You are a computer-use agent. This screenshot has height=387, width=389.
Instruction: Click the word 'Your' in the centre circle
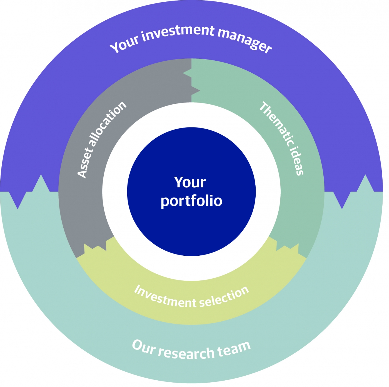190,182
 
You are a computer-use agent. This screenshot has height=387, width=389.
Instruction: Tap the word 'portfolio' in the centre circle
191,201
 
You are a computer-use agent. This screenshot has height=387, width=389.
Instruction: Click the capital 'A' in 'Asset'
82,173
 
